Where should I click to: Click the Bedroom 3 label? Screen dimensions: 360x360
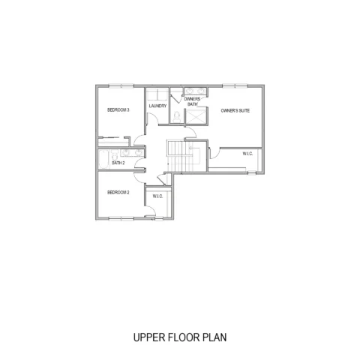pos(118,109)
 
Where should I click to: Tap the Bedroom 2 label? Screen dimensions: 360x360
pos(118,192)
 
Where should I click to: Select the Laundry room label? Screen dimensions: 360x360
pos(157,106)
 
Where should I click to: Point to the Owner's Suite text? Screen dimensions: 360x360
pos(235,110)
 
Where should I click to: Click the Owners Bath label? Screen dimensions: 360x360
pos(192,101)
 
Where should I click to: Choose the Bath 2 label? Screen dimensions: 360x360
pos(118,163)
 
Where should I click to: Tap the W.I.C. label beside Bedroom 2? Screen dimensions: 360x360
pos(157,196)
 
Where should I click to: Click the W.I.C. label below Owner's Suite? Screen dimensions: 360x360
pos(247,154)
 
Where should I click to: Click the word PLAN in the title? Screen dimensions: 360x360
pos(214,337)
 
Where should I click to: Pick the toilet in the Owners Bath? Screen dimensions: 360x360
pos(177,117)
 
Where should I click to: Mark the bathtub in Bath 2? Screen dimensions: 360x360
pos(103,159)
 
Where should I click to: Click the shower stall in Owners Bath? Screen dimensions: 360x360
pos(196,115)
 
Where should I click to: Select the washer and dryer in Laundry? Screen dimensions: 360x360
pos(157,94)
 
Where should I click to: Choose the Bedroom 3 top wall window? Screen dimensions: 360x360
pos(121,86)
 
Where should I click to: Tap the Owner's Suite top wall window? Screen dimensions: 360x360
pos(235,86)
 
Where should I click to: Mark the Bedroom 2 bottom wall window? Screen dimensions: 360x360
pos(121,218)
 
